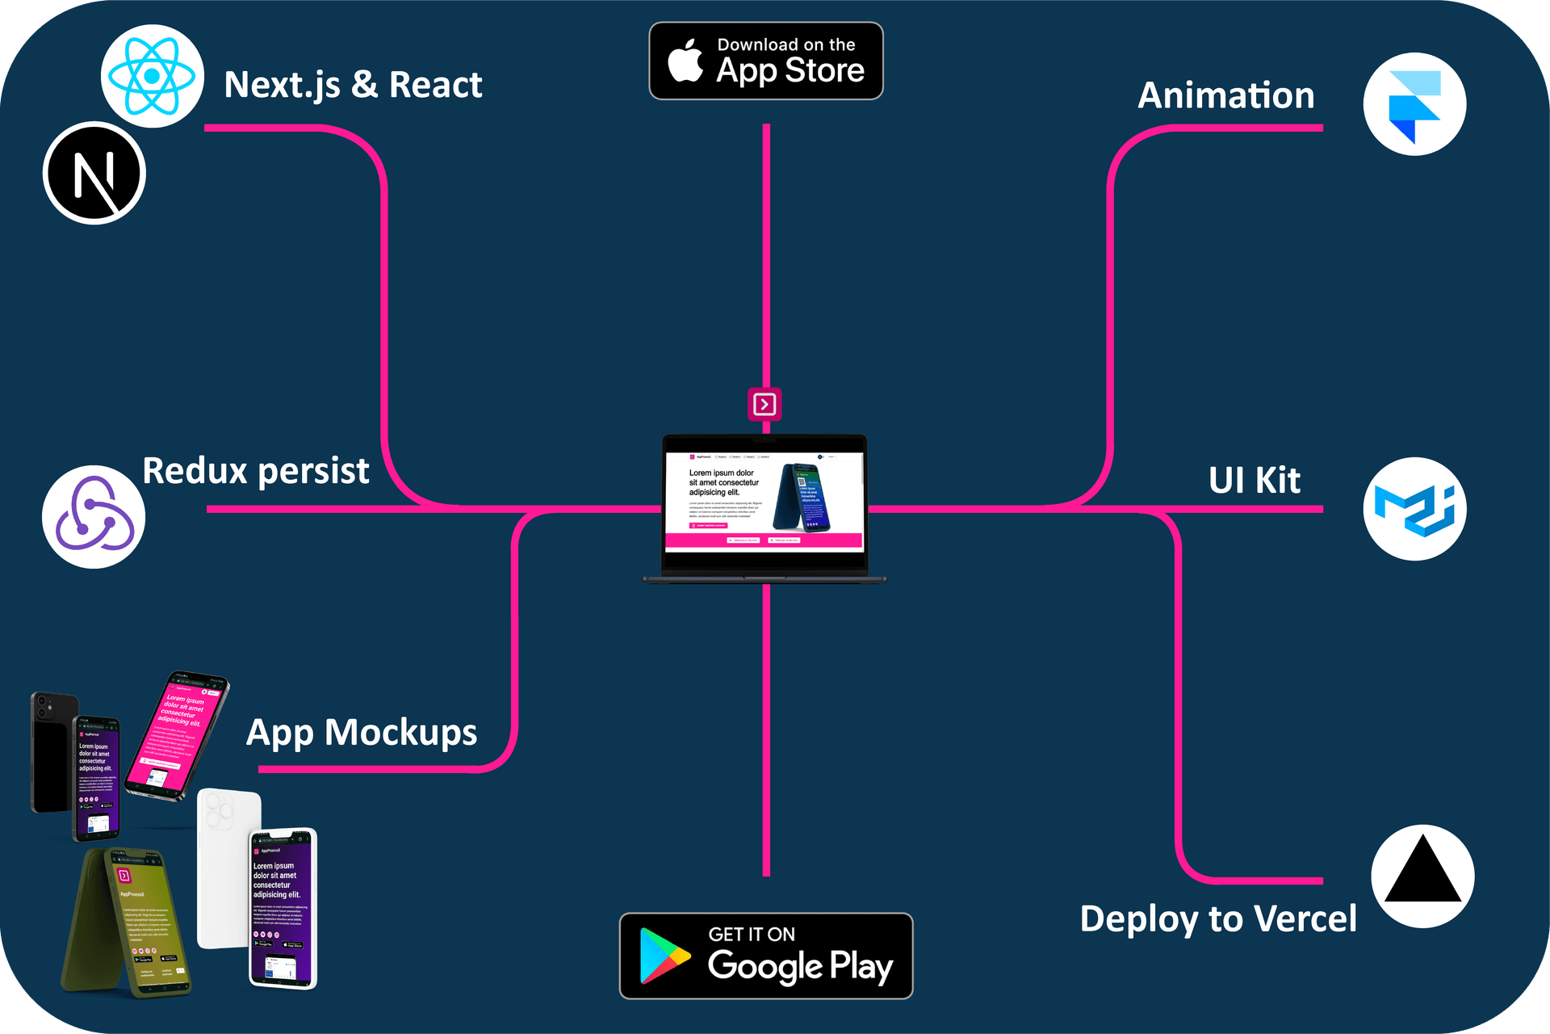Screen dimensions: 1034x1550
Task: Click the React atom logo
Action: pos(152,77)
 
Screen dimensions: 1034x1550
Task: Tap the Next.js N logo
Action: pos(94,174)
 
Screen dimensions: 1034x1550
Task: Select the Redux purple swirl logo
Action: pos(94,517)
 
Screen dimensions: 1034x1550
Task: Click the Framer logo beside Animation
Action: pos(1414,105)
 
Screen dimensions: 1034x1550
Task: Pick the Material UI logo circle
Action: pos(1414,509)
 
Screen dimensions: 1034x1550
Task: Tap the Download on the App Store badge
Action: pos(765,61)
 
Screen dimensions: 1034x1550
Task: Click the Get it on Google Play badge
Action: pos(765,956)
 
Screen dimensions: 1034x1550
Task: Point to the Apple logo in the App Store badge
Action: pos(685,61)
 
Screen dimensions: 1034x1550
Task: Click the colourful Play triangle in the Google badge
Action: pos(664,956)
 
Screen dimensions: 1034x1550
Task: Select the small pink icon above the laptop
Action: pos(765,404)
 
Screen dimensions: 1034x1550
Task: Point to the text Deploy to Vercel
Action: pos(1217,919)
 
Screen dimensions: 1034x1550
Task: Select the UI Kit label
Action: pos(1254,481)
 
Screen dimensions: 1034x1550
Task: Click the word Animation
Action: pos(1225,95)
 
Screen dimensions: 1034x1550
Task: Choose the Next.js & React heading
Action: pos(353,85)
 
